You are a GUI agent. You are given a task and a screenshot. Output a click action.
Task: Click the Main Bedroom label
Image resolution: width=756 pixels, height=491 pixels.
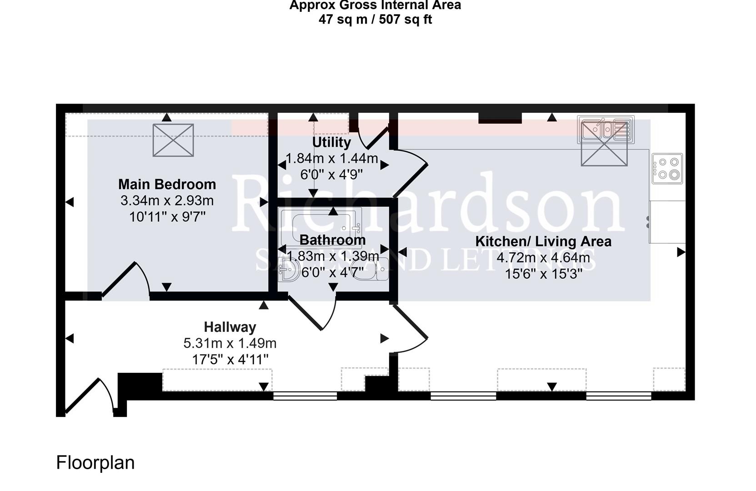[x=167, y=184]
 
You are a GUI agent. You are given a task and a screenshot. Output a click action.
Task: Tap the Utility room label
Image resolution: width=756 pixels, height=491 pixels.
[x=331, y=142]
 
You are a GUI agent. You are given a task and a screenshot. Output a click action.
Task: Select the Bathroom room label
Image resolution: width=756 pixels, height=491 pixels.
[x=332, y=240]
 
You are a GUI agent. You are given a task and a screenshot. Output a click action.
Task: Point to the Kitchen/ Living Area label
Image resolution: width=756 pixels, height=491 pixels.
[x=543, y=241]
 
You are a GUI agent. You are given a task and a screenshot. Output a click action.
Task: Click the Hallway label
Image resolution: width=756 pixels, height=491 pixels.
[x=230, y=327]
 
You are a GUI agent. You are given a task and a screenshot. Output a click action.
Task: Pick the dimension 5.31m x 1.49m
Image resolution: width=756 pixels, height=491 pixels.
[x=230, y=343]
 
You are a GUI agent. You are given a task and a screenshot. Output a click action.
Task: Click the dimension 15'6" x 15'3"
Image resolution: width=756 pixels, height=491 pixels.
[x=543, y=274]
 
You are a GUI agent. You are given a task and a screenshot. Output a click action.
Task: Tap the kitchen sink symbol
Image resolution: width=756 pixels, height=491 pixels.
[x=606, y=129]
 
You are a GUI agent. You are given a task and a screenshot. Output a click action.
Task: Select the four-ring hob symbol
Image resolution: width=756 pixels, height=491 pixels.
[x=667, y=168]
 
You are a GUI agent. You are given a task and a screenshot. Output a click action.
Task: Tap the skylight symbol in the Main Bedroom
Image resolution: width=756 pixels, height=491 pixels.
[x=173, y=140]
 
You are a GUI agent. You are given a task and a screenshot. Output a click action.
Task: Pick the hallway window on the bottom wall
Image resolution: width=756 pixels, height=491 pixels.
[x=305, y=396]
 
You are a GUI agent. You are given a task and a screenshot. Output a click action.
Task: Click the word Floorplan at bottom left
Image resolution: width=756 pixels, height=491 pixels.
[x=95, y=463]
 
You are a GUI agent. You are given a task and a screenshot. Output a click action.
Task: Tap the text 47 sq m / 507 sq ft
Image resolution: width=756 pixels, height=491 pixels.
[x=375, y=20]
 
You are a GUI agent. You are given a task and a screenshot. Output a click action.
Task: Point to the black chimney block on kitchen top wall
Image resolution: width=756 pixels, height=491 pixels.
[x=500, y=117]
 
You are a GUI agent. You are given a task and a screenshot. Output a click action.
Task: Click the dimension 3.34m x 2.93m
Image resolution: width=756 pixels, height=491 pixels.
[x=167, y=200]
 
